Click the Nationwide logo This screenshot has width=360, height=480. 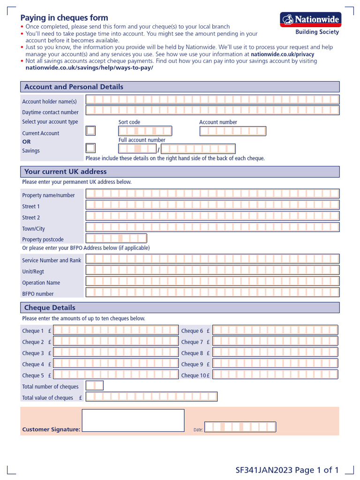310,20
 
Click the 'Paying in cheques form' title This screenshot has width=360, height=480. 64,18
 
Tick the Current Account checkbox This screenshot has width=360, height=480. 91,131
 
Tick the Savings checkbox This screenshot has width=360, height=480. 91,148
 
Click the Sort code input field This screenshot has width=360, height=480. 145,131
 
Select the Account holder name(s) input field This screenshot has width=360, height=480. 212,99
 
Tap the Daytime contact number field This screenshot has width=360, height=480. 212,111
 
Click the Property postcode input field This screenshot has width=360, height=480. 116,238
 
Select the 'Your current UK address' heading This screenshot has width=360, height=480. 66,172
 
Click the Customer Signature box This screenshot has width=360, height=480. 133,420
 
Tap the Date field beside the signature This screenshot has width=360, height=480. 240,427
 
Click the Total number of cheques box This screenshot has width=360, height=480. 95,386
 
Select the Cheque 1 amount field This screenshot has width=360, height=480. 116,330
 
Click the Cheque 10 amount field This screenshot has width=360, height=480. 275,375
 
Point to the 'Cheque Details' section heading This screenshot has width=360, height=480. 50,307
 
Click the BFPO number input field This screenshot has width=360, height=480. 212,292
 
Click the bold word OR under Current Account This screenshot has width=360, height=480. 27,142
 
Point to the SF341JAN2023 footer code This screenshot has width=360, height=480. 264,470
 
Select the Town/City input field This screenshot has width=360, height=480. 212,227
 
